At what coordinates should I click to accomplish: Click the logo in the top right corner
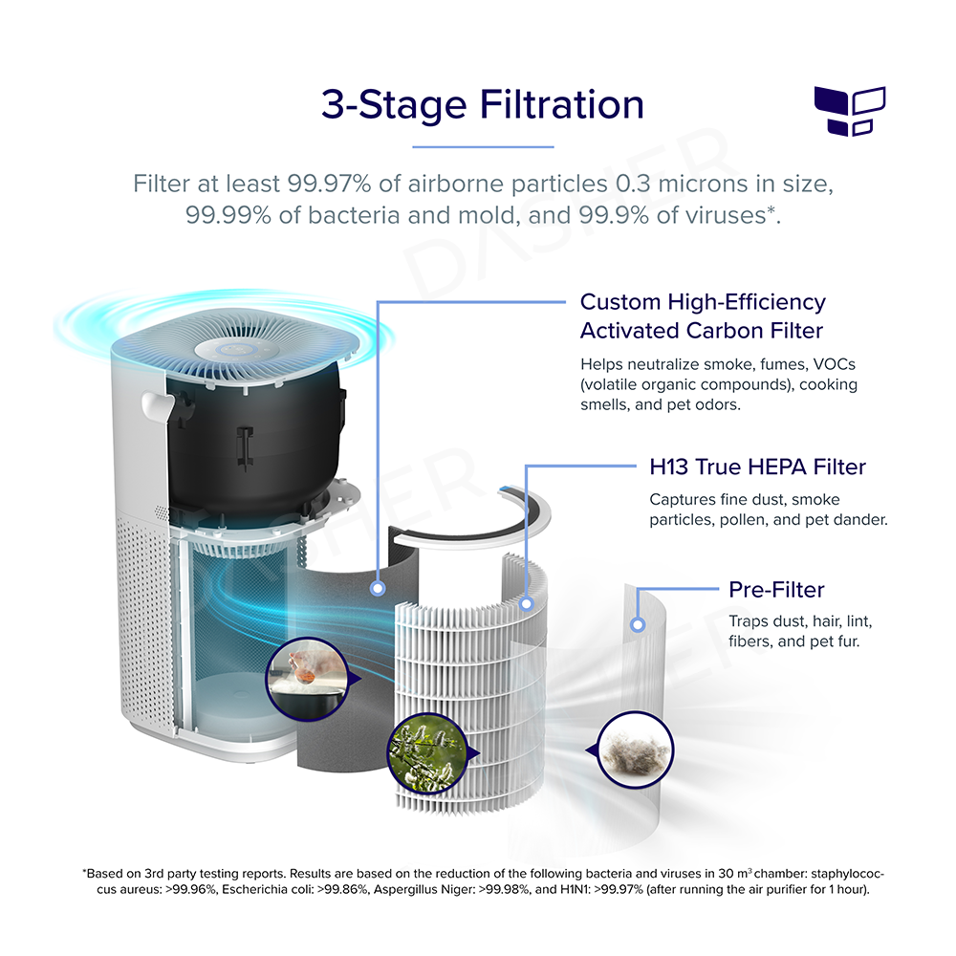pyautogui.click(x=849, y=109)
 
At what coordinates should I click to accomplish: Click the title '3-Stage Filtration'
pyautogui.click(x=482, y=104)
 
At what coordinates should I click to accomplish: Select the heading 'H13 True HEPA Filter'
pyautogui.click(x=757, y=467)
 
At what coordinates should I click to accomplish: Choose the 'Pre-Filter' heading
pyautogui.click(x=776, y=589)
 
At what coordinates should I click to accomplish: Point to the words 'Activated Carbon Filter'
pyautogui.click(x=703, y=330)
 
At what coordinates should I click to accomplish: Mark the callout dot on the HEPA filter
pyautogui.click(x=527, y=603)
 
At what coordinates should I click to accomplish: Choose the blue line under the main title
pyautogui.click(x=483, y=147)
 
